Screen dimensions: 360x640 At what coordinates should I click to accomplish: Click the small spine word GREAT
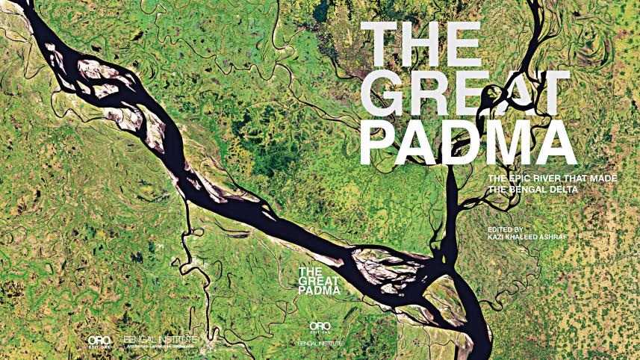(317, 281)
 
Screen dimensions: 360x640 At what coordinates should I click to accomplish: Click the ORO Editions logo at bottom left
(99, 342)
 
